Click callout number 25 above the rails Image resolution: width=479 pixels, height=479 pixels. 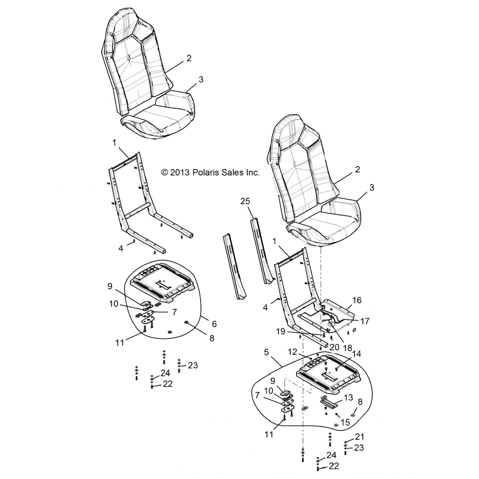coord(246,201)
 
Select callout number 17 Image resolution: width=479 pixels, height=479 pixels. coord(364,321)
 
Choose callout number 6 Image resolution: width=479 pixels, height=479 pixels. coord(214,324)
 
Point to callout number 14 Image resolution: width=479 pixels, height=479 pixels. coord(356,354)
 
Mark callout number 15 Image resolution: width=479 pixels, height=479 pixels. coord(346,422)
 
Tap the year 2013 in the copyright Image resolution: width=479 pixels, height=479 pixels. coord(180,173)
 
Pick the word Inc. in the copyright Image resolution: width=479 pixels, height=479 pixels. coord(252,173)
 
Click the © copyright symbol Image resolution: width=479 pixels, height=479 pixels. coord(165,173)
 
